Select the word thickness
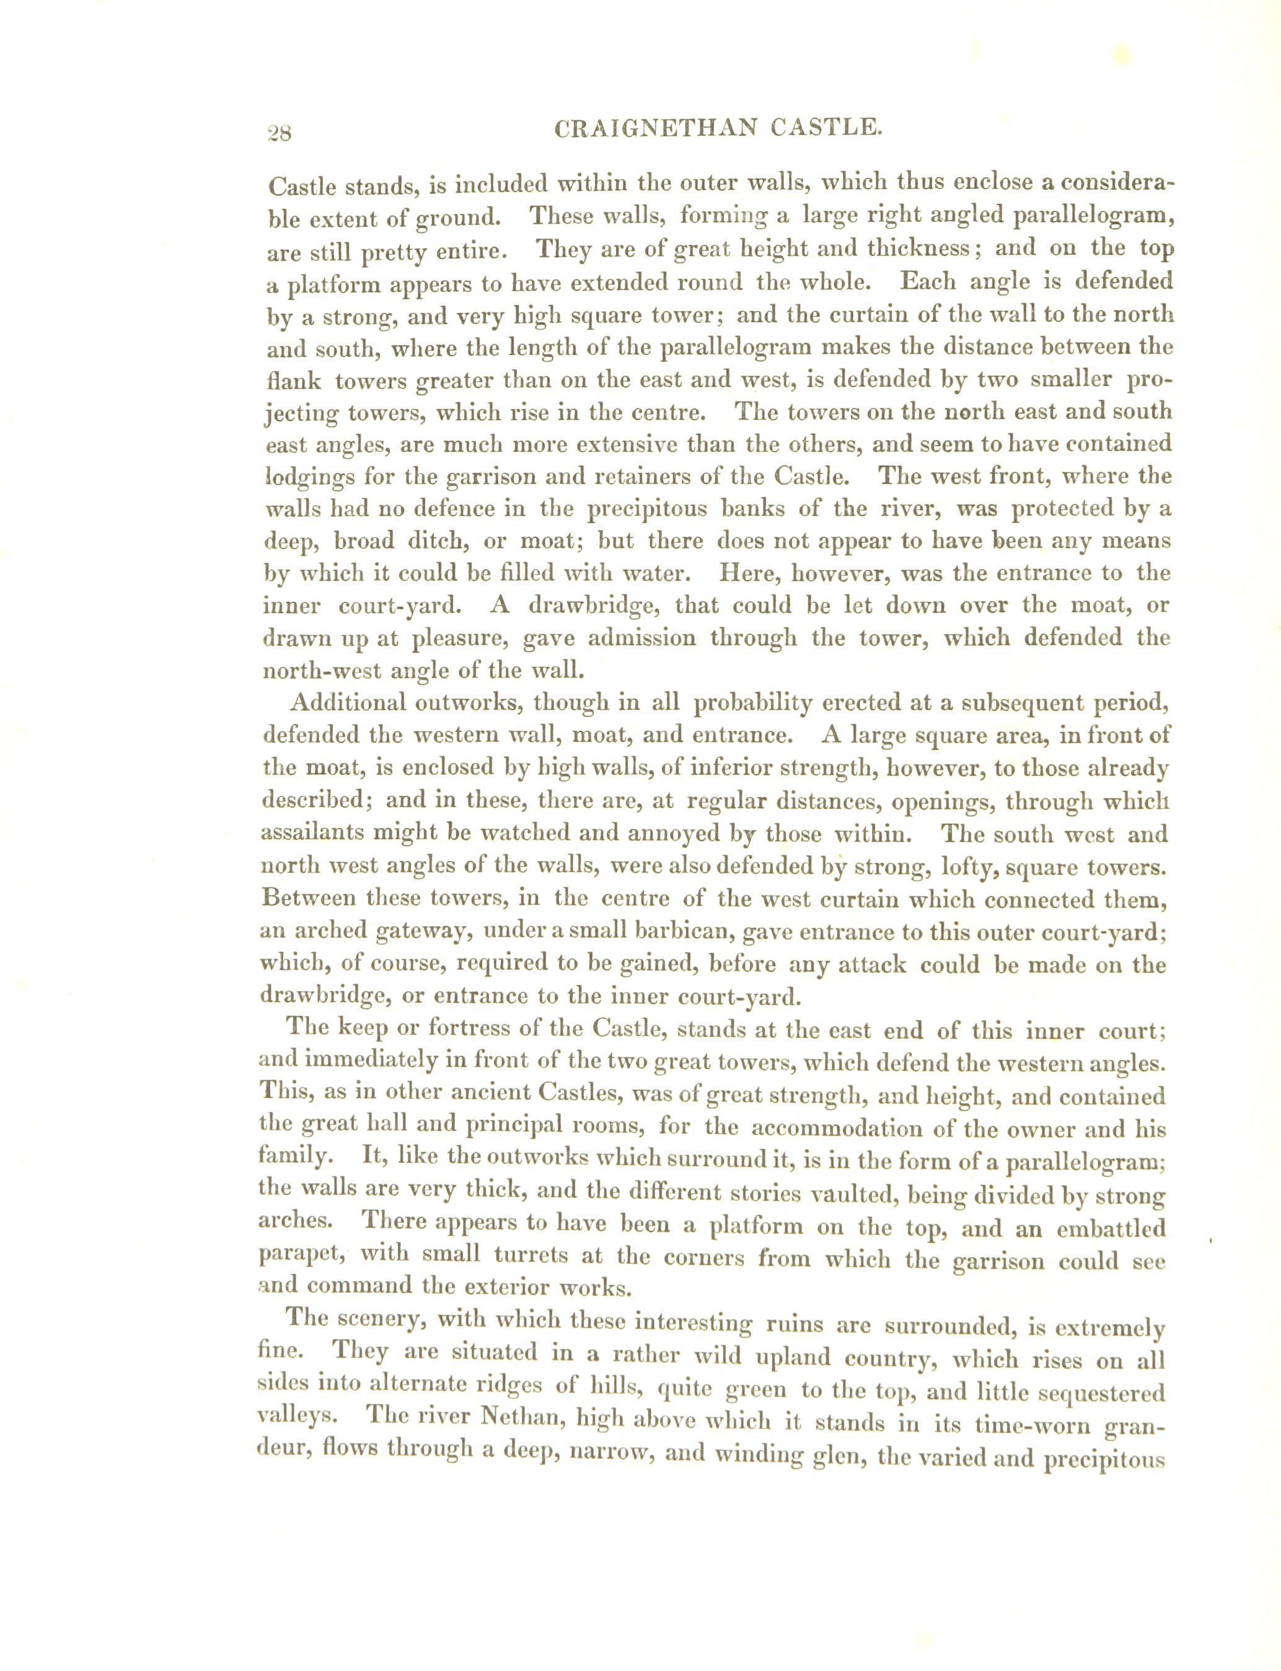[x=913, y=249]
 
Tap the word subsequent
[x=1020, y=702]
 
